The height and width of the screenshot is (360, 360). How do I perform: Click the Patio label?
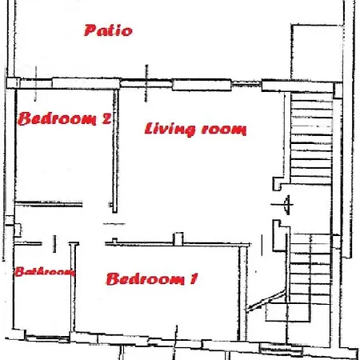coord(108,30)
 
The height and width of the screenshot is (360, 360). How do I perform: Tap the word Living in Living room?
coord(170,129)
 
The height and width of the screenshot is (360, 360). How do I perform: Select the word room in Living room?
coord(224,130)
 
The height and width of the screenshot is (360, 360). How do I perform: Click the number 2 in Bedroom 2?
coord(107,119)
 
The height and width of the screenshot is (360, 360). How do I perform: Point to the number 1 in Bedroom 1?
coord(194,278)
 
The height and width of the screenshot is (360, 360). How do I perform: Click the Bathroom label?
coord(44,272)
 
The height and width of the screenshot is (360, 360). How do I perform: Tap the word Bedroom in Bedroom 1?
coord(146,279)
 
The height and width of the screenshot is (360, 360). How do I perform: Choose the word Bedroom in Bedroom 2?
coord(57,118)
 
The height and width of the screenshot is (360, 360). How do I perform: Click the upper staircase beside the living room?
coord(311,138)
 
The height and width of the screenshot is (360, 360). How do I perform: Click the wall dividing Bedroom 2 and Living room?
coord(115,151)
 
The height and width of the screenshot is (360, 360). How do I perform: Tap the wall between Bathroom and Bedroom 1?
coord(73,287)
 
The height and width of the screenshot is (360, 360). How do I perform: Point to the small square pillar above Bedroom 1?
coord(178,238)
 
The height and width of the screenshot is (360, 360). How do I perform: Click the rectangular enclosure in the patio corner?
coord(317,52)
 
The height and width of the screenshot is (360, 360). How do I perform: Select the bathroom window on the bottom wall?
coord(47,338)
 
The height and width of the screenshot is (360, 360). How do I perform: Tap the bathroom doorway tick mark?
coord(54,243)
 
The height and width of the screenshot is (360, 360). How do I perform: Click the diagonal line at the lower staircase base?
coord(266,301)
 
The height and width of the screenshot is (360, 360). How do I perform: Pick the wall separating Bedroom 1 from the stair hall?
coord(242,293)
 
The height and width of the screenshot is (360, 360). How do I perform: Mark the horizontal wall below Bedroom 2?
coord(49,204)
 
